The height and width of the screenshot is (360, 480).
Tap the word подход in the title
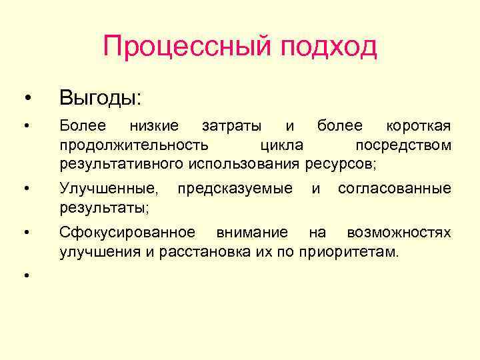(x=329, y=47)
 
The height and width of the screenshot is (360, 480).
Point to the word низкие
(x=154, y=126)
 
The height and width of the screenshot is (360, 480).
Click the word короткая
(x=419, y=126)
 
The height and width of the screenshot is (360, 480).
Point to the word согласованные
(x=394, y=189)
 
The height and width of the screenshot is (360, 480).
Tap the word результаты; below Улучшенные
(x=104, y=208)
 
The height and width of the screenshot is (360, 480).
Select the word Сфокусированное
(x=127, y=233)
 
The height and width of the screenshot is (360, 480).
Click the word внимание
(x=251, y=233)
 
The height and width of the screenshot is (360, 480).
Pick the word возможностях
(x=399, y=233)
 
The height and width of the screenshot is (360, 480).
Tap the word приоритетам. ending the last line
(x=349, y=252)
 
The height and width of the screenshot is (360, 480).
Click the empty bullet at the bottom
(x=26, y=275)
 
